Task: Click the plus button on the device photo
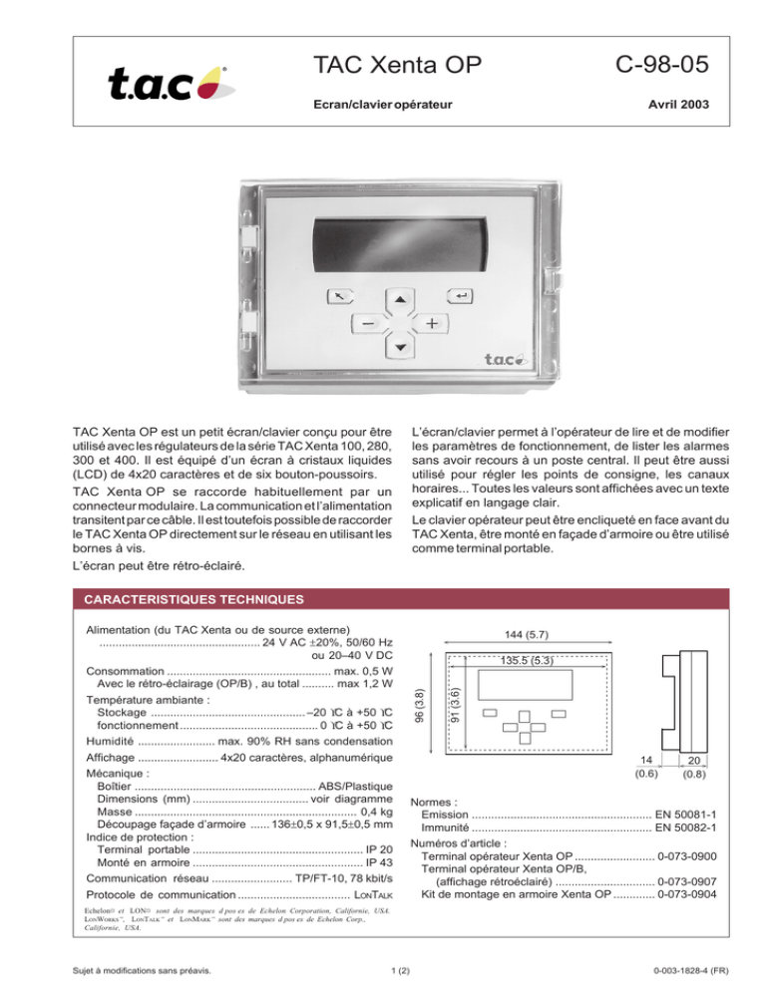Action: [432, 324]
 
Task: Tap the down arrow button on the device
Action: [400, 347]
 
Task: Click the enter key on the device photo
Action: [460, 296]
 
